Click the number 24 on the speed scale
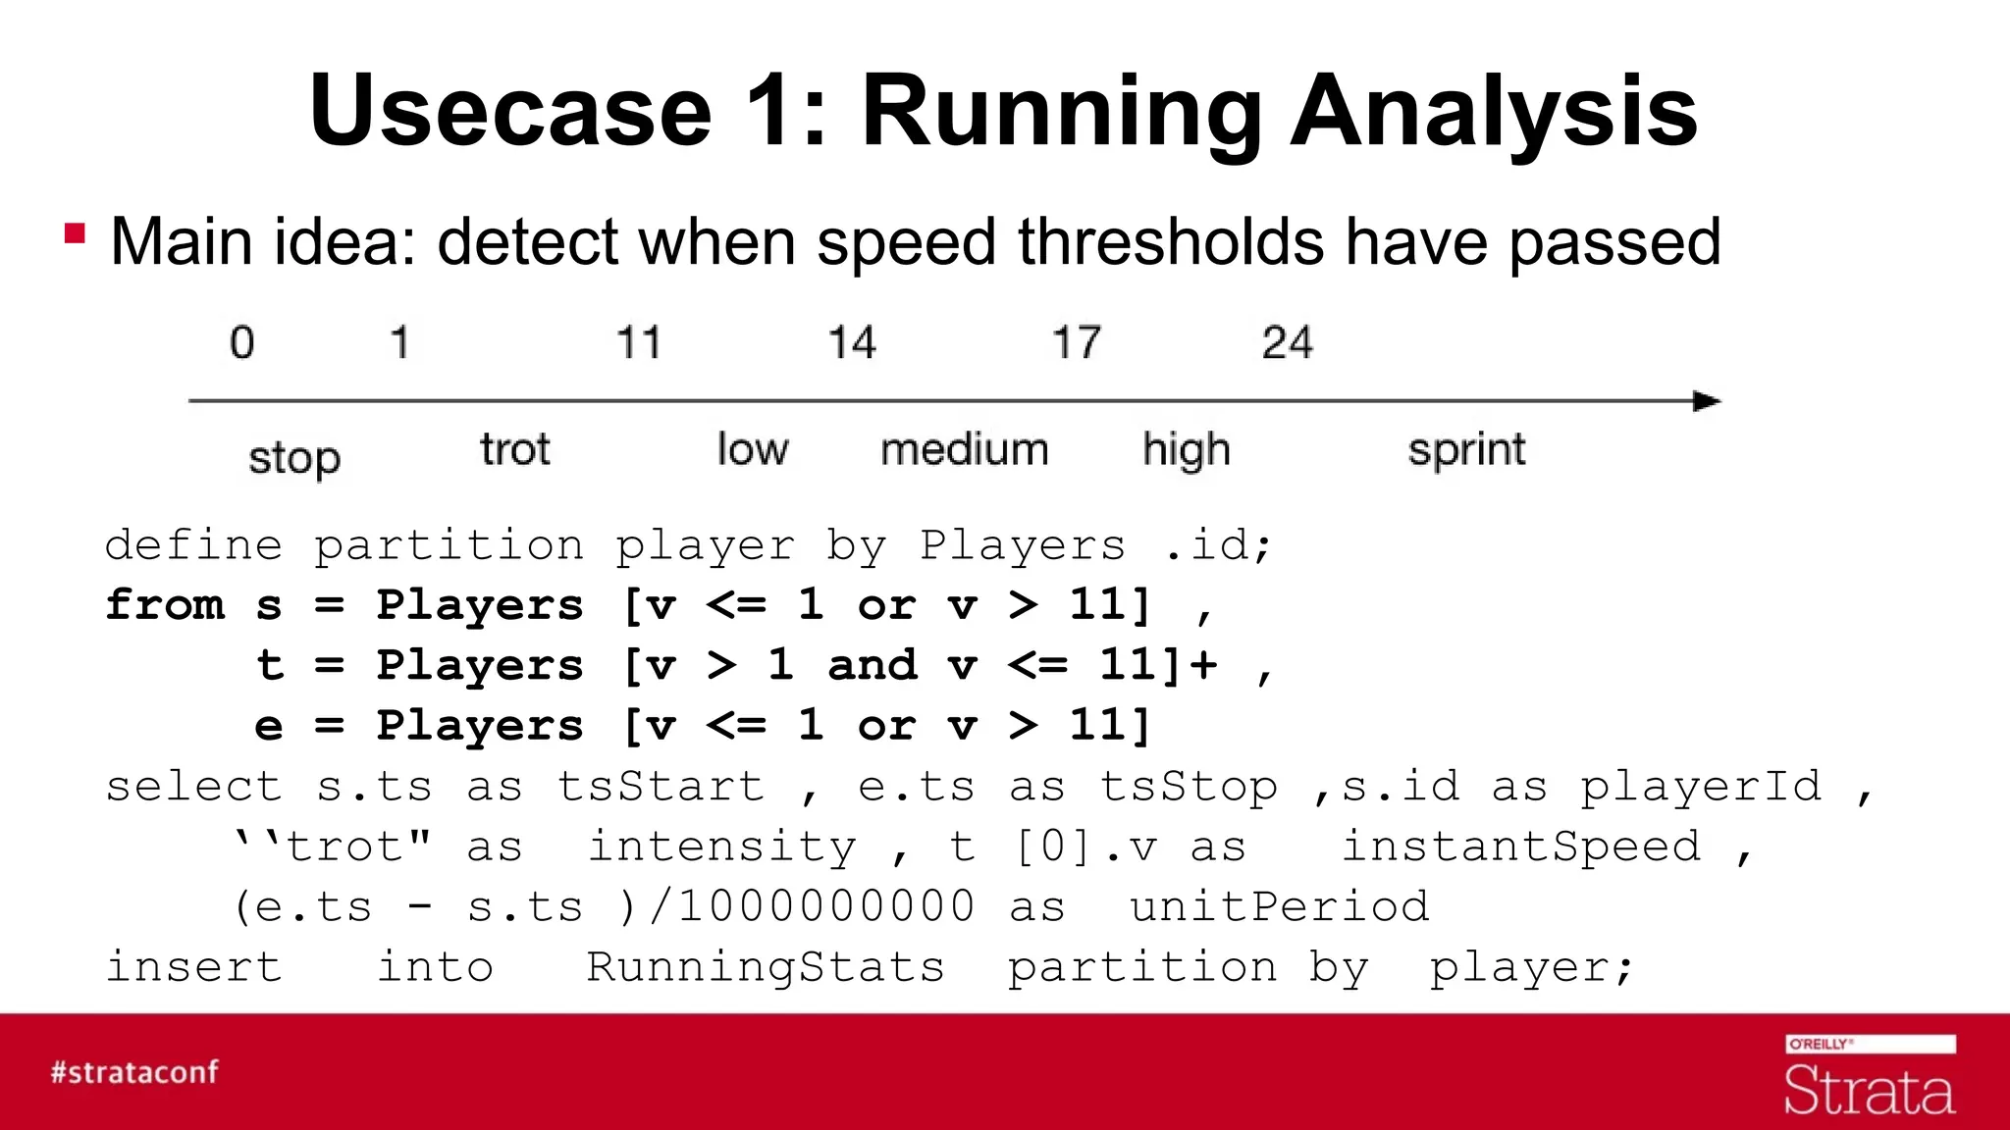[1287, 343]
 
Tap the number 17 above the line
[1077, 343]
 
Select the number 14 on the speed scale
[851, 343]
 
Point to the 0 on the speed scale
[241, 343]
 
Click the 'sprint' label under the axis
[1466, 450]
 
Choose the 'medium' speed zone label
[964, 450]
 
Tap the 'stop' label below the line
[293, 458]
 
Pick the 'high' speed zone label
[1186, 450]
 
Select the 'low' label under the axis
[752, 450]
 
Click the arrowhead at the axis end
[1707, 401]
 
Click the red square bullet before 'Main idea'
[75, 234]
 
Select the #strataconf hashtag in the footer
[134, 1072]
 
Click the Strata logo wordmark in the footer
[1869, 1091]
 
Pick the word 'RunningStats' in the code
[765, 967]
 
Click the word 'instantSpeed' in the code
[1521, 846]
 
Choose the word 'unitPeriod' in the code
[1279, 906]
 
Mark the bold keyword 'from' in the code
[165, 604]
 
